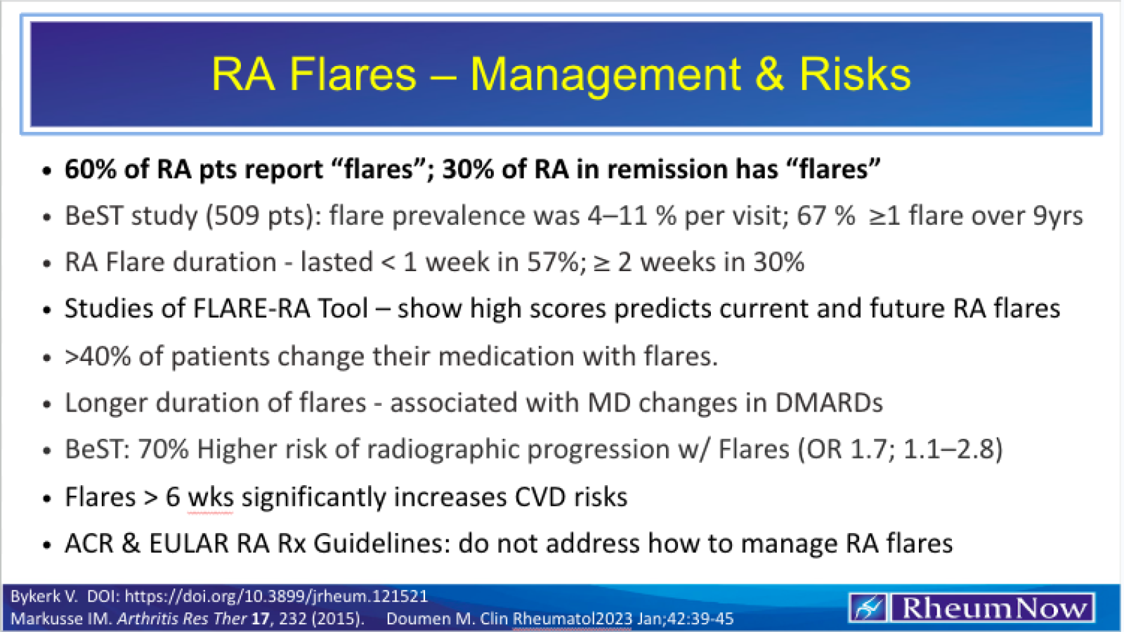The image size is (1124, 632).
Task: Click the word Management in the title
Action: tap(605, 74)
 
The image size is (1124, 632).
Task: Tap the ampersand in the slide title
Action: tap(769, 74)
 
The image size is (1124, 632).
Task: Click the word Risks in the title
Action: tap(855, 74)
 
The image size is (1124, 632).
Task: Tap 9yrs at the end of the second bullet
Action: tap(1057, 216)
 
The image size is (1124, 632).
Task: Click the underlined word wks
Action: tap(210, 497)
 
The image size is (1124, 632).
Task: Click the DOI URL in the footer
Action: tap(276, 596)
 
